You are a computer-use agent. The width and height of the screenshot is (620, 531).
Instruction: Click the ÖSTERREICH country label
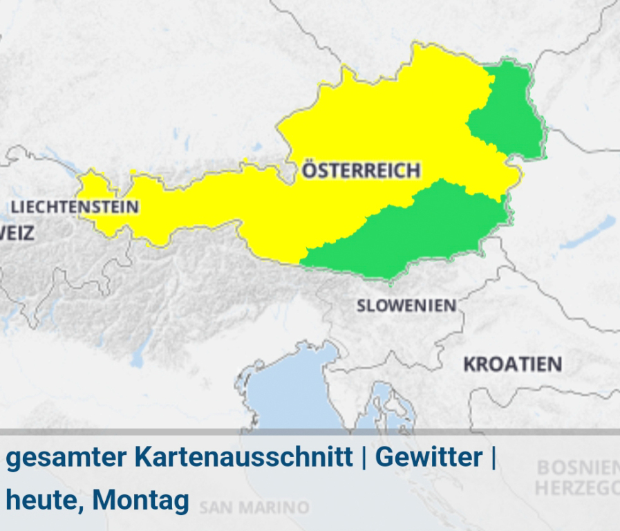point(361,170)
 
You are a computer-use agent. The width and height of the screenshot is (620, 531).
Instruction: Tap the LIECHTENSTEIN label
point(75,207)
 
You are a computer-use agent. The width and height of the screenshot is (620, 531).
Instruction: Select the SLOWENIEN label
point(406,306)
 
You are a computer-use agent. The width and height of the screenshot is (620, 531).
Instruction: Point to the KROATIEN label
point(512,364)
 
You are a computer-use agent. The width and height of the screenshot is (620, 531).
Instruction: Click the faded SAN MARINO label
point(254,508)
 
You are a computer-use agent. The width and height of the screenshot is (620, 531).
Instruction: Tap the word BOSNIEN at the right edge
point(578,468)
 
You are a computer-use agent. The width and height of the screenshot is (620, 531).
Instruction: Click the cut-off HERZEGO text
point(576,488)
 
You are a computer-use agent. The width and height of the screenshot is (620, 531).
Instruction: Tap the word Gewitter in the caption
point(429,458)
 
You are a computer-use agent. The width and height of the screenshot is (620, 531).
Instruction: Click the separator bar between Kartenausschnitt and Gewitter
point(364,458)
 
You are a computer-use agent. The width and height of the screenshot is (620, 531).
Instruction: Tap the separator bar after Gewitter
point(493,458)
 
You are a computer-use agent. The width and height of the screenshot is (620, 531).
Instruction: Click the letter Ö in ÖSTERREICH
point(309,169)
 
